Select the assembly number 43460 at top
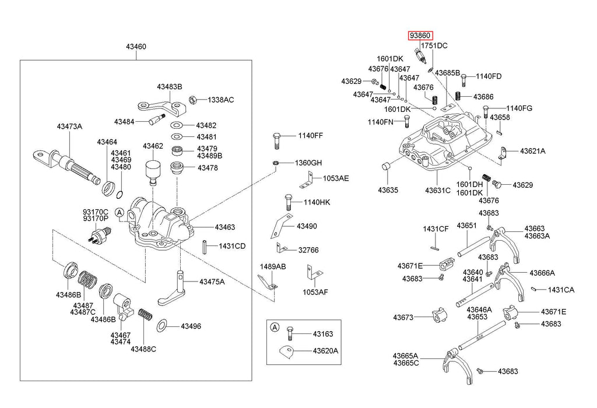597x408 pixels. coord(136,46)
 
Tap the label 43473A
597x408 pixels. coord(69,126)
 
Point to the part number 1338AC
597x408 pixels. coord(221,100)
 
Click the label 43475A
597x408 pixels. coord(212,282)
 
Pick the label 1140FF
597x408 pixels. coord(310,136)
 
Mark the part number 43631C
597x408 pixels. coord(437,190)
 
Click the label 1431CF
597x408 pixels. coord(435,229)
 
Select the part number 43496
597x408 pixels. coord(190,326)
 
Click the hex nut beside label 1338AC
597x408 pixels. coord(194,100)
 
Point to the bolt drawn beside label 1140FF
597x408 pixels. coord(277,140)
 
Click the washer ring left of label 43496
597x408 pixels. coord(164,323)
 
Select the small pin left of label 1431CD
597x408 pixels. coord(206,246)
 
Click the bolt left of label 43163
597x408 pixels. coord(290,334)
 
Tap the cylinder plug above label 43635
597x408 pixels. coord(385,168)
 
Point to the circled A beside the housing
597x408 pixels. coord(119,213)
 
